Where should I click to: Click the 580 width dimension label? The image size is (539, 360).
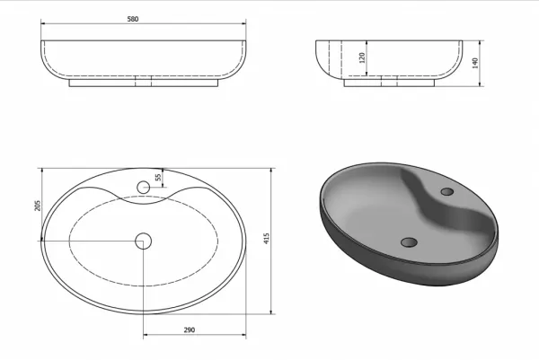click(133, 19)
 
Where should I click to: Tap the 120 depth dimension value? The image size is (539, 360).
click(362, 58)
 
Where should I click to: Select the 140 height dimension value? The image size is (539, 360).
click(475, 63)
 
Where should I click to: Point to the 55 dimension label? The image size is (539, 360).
click(158, 177)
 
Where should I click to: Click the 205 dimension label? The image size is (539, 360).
click(38, 206)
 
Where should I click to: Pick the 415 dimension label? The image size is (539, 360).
click(267, 239)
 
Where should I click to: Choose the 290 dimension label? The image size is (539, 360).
click(189, 330)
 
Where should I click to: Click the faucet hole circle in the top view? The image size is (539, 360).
click(144, 188)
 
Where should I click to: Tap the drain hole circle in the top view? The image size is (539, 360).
click(144, 241)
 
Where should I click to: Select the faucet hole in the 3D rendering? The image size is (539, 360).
click(446, 191)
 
